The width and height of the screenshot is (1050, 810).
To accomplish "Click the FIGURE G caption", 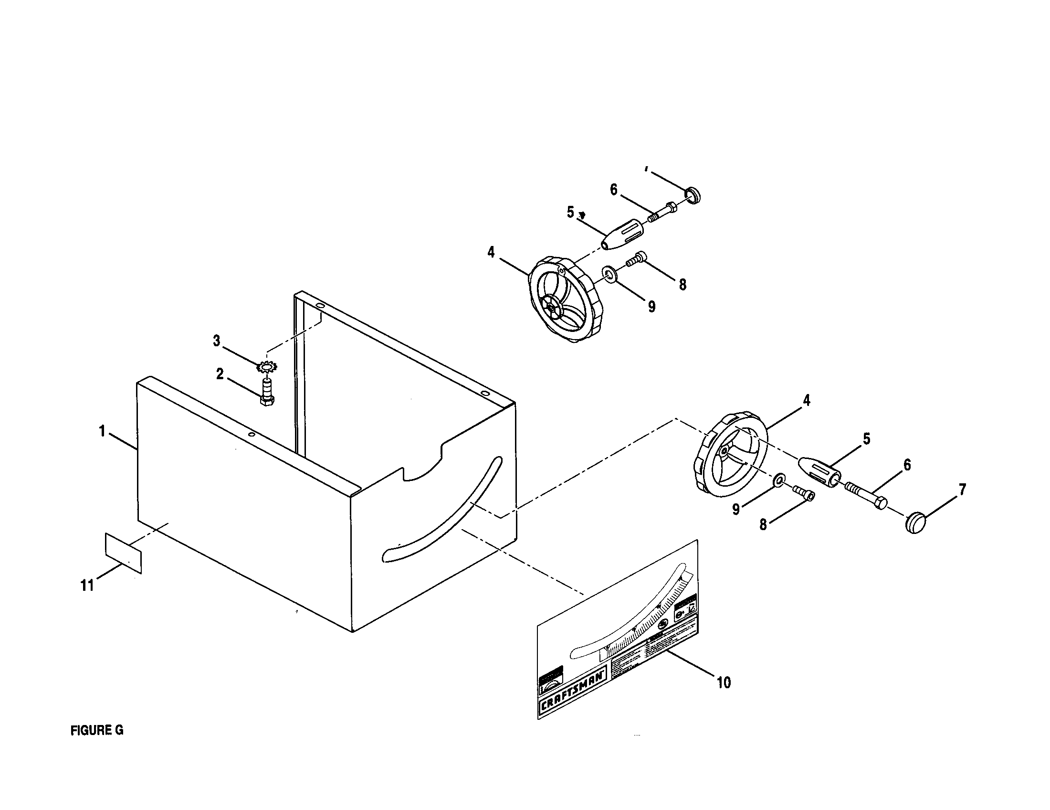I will (x=96, y=730).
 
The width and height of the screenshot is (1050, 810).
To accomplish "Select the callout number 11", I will (x=87, y=586).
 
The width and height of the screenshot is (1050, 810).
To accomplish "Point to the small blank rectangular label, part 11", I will (x=124, y=552).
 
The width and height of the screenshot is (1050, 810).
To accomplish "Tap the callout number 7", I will (x=962, y=490).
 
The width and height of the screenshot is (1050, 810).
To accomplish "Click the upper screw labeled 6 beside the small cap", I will (x=663, y=212).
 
